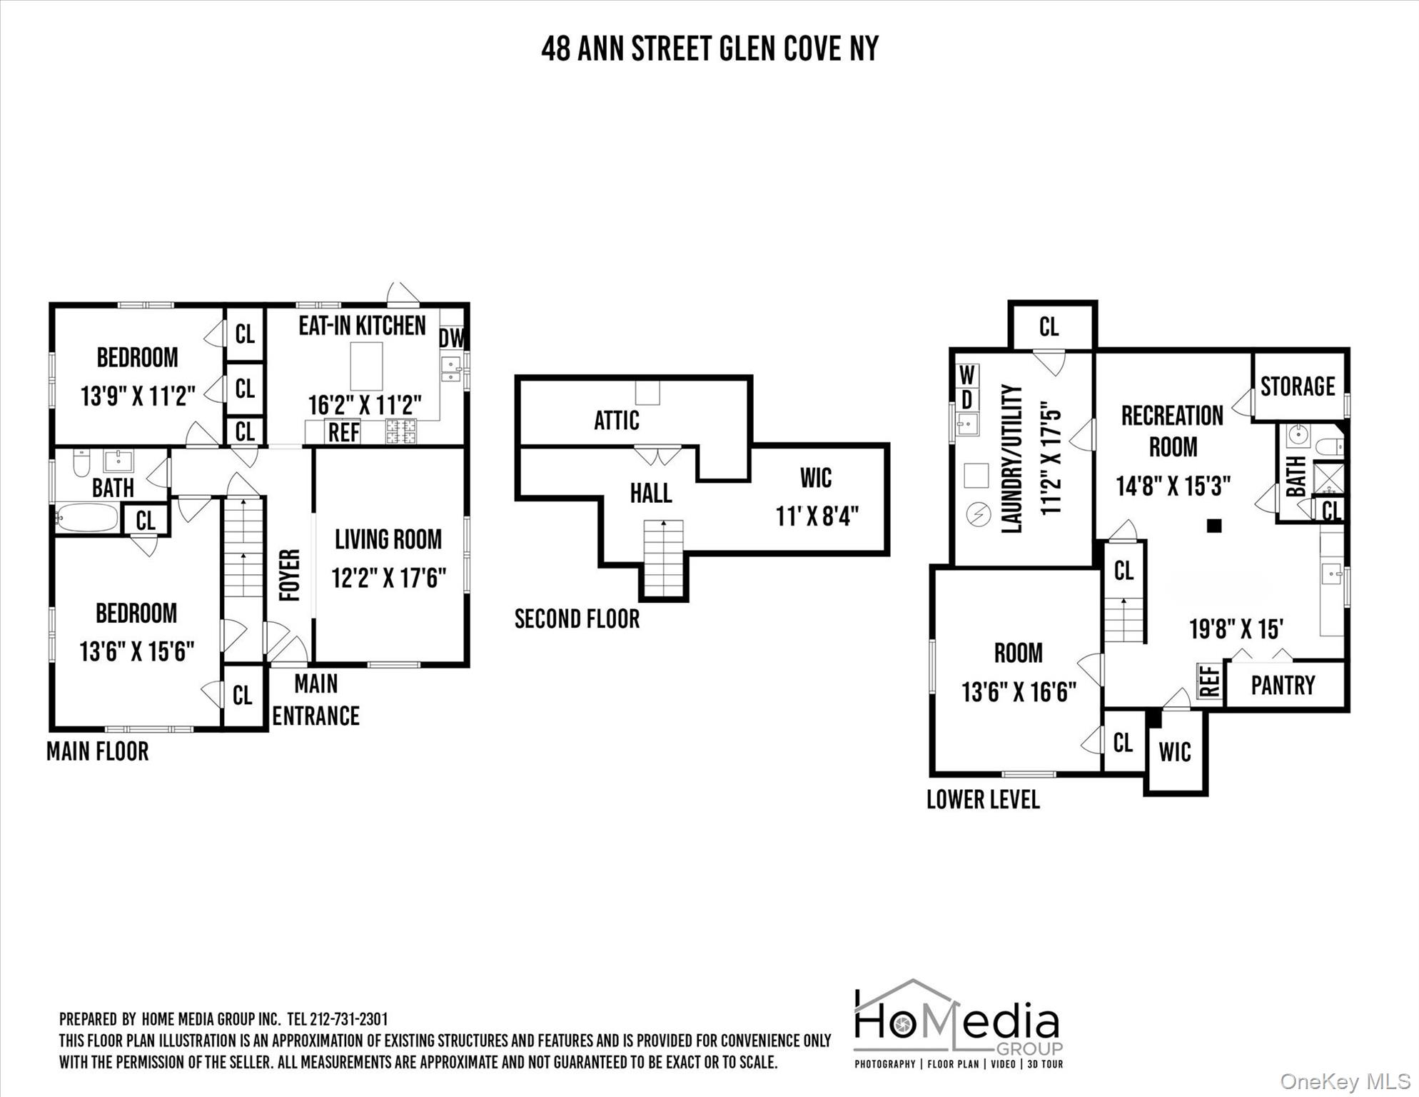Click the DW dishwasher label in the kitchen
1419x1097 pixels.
pos(451,338)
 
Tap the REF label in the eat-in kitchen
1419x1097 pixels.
pos(343,432)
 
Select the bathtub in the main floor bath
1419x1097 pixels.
pos(87,518)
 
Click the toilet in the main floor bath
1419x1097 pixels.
pos(81,462)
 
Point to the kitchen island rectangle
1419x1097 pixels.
pos(366,366)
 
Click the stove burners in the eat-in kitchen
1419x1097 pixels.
pos(401,431)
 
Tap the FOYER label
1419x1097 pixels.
pos(289,575)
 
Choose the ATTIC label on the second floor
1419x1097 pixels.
pos(617,421)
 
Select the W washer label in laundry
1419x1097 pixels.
pos(967,375)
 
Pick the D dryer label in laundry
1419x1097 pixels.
pos(967,400)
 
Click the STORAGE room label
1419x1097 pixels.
pos(1297,386)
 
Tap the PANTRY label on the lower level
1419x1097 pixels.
pos(1283,686)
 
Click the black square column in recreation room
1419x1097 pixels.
pos(1214,526)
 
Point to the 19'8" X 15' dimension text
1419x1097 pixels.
pos(1236,629)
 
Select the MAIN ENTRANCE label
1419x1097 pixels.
pos(316,700)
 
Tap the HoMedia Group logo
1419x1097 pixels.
pos(959,1023)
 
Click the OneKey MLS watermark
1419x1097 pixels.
pos(1345,1082)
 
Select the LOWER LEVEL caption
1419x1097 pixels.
pos(983,800)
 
